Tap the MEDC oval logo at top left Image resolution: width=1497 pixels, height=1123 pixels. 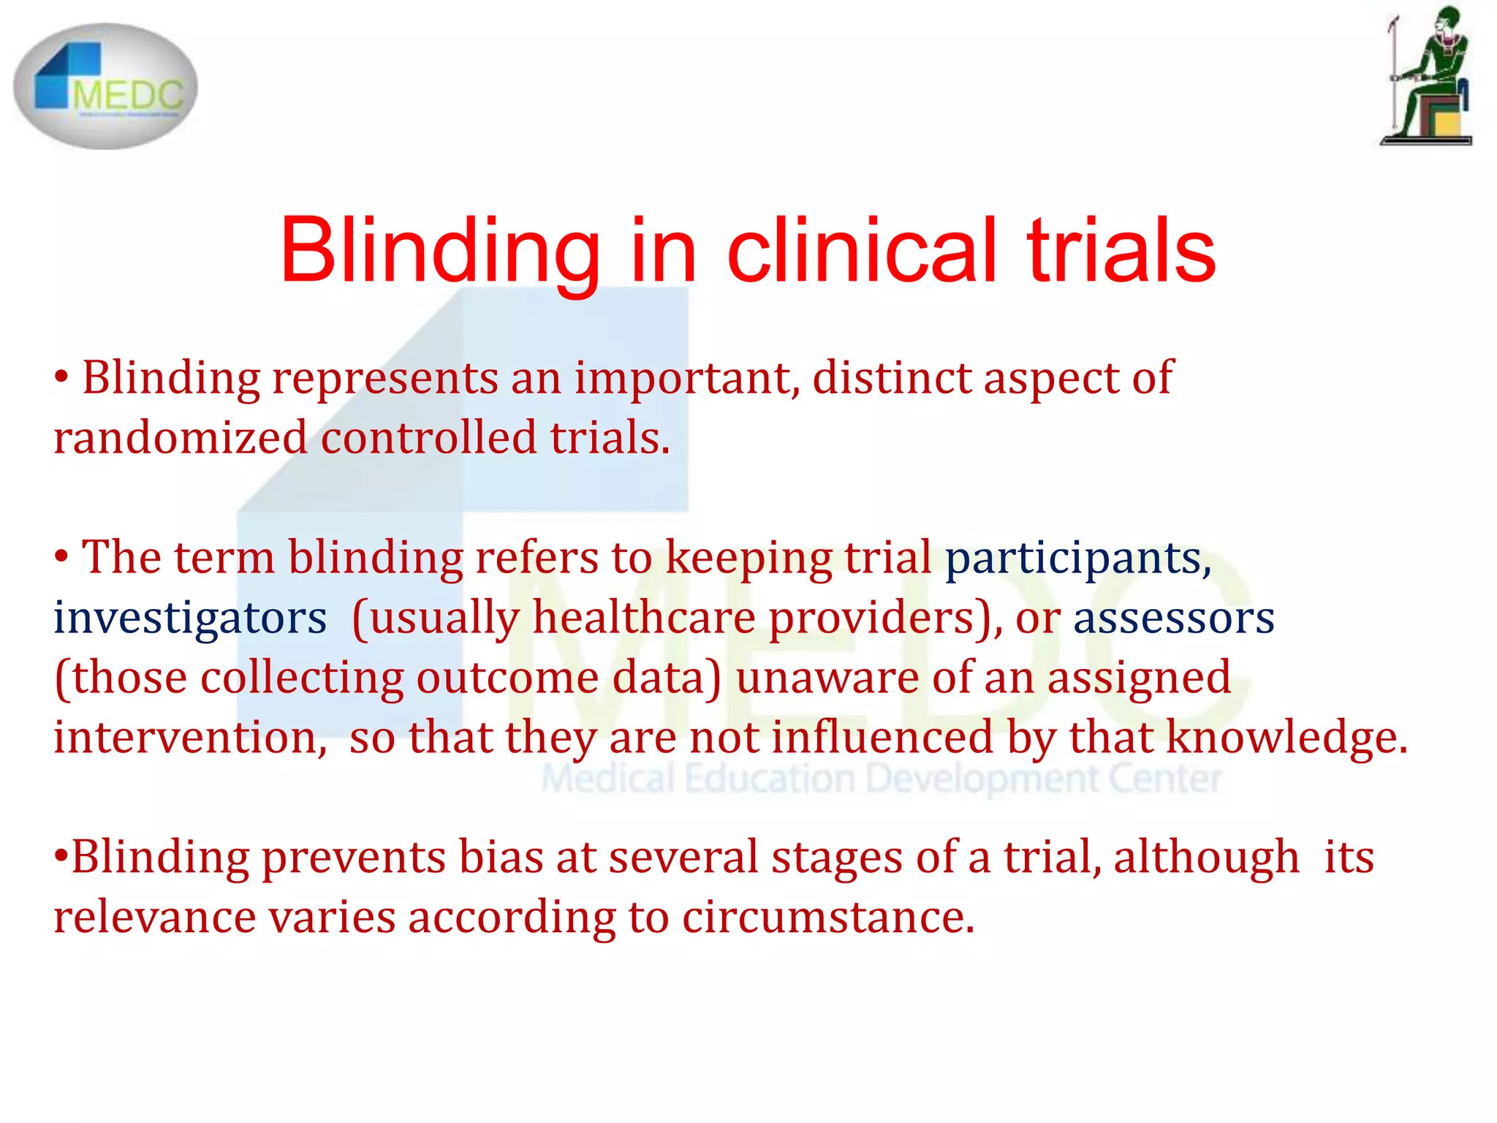coord(105,86)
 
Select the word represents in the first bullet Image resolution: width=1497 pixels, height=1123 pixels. coord(385,379)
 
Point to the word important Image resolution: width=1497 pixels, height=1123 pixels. coord(687,379)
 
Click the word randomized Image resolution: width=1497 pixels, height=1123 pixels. coord(181,438)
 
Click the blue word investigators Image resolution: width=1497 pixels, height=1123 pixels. coord(190,618)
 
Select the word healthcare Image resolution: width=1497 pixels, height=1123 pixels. coord(643,618)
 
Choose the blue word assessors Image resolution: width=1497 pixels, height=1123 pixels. coord(1173,618)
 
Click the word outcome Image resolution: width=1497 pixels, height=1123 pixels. coord(507,678)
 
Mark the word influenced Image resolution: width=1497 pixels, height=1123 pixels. coord(882,737)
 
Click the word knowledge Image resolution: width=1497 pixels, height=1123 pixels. coord(1286,737)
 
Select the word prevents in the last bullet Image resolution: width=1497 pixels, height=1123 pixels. coord(353,857)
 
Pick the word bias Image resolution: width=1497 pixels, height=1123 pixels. coord(501,857)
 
